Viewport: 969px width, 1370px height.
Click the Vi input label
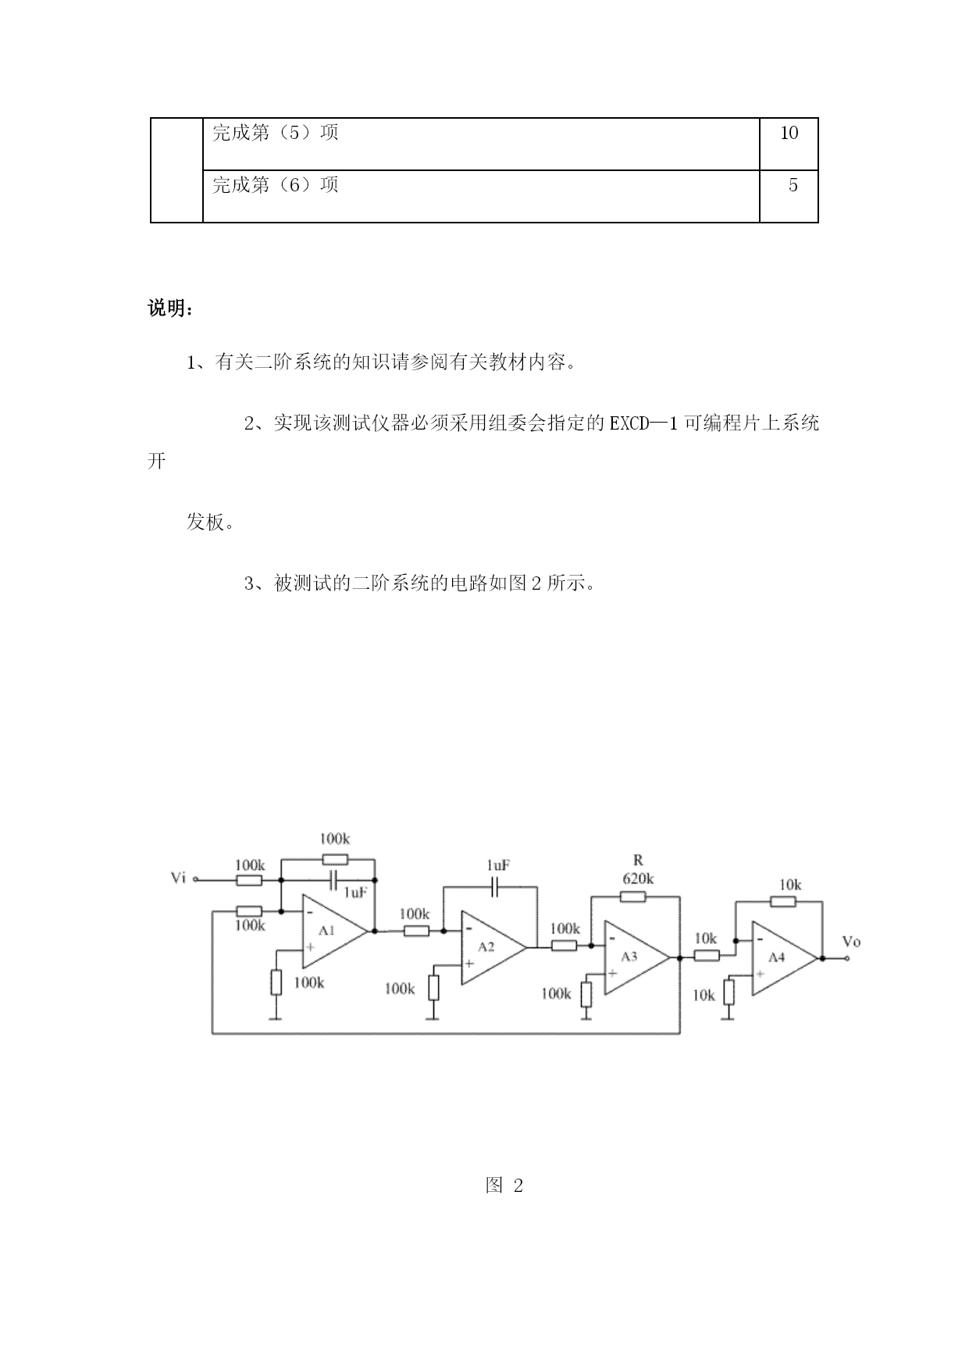179,878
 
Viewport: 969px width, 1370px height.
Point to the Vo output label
851,941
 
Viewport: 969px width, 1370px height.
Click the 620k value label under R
638,879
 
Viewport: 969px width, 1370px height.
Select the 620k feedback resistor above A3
633,897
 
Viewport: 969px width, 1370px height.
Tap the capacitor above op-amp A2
493,887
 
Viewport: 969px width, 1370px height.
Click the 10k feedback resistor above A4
783,901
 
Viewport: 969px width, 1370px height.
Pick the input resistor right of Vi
249,880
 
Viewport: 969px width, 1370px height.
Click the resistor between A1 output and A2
416,930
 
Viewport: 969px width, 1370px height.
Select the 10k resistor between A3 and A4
707,955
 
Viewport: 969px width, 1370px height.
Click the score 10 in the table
789,133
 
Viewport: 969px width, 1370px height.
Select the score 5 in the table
793,186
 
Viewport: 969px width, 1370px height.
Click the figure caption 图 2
504,1186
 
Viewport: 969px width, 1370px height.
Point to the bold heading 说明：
171,309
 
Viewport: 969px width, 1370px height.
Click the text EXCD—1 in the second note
644,423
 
